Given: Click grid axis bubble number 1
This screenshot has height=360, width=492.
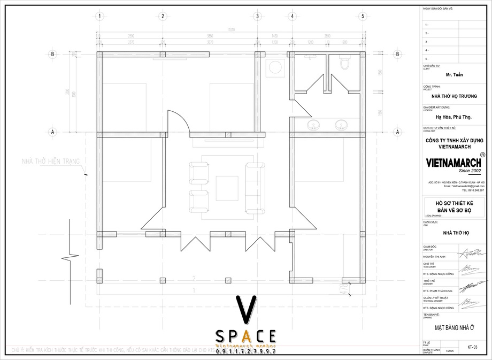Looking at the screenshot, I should click(99, 16).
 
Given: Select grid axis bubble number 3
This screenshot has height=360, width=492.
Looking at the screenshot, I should click(257, 16).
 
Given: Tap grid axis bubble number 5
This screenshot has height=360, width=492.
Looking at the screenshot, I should click(363, 16).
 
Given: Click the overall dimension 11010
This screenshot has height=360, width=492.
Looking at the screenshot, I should click(231, 28).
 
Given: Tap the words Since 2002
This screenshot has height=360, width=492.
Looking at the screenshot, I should click(455, 171).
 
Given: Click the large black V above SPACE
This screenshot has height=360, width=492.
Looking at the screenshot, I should click(245, 309).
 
